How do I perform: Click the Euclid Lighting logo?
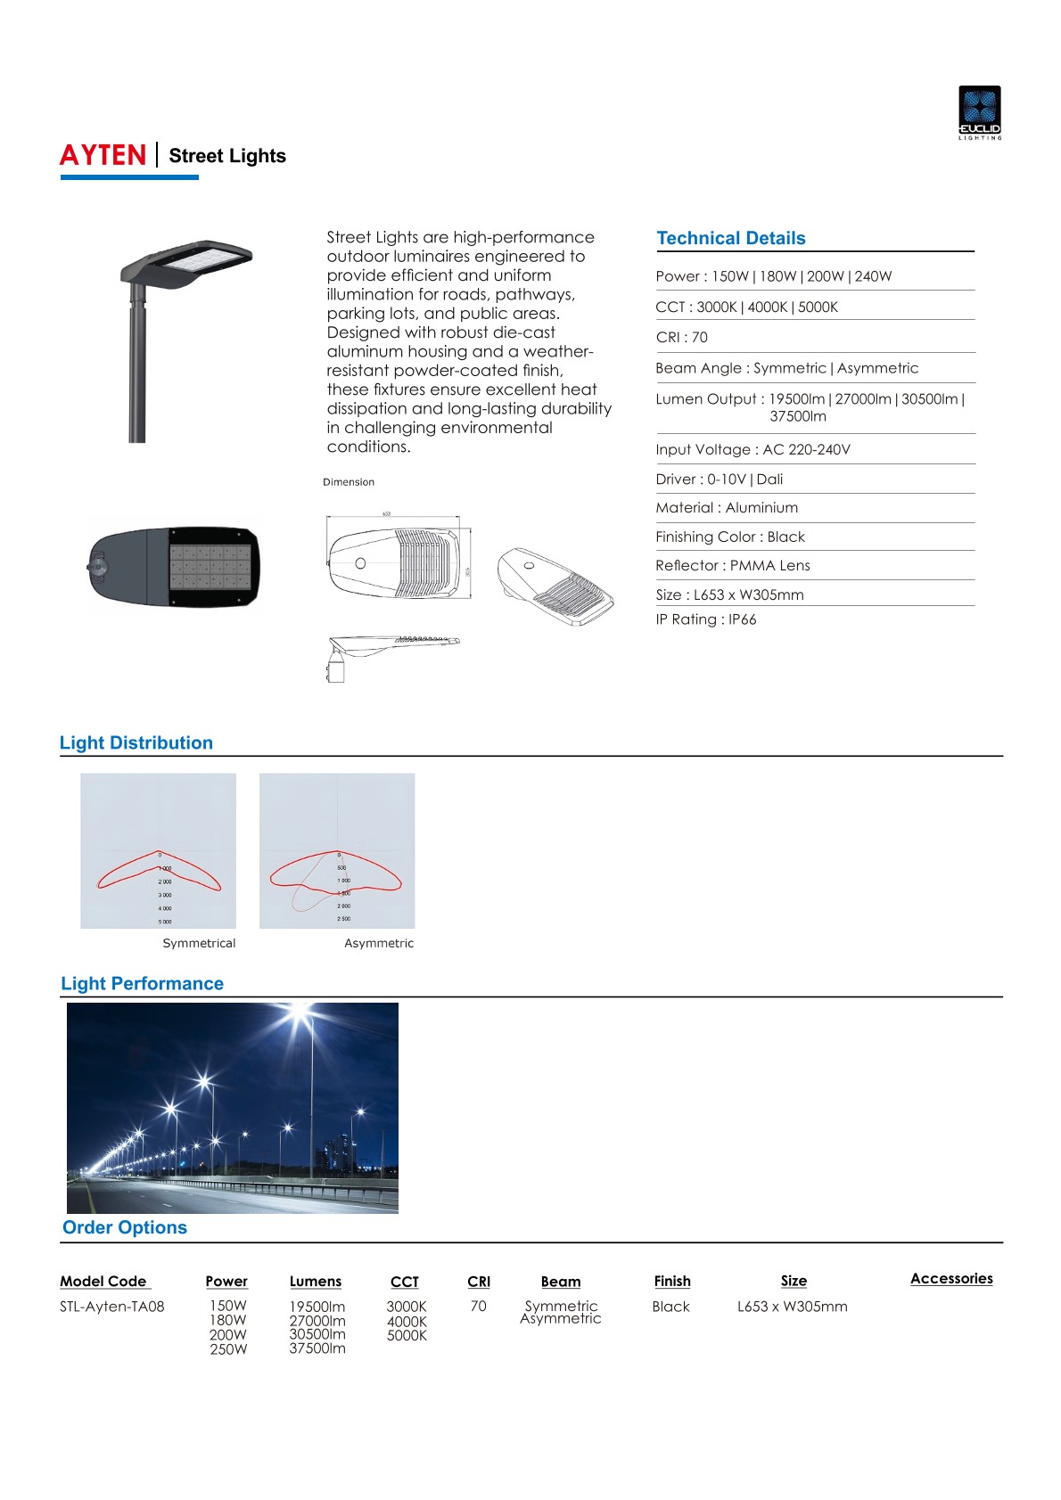[x=979, y=111]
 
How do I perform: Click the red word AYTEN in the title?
[x=103, y=156]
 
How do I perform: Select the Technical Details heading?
[x=730, y=238]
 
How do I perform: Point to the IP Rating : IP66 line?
[x=705, y=619]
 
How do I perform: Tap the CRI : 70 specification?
[x=681, y=337]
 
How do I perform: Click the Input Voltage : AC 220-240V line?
[x=753, y=449]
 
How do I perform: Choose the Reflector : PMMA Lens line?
[x=732, y=565]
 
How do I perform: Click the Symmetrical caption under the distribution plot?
[x=199, y=943]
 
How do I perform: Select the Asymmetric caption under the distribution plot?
[x=379, y=943]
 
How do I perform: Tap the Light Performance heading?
[x=142, y=983]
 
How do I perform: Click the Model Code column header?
[x=103, y=1281]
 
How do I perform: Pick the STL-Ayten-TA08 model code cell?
[x=112, y=1307]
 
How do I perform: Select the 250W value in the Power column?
[x=228, y=1349]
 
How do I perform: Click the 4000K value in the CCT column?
[x=407, y=1322]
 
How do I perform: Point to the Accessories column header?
[x=951, y=1278]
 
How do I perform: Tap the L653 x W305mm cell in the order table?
[x=792, y=1307]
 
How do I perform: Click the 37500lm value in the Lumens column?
[x=317, y=1348]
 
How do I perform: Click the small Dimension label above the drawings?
[x=349, y=482]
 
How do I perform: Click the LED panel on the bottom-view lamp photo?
[x=210, y=567]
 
